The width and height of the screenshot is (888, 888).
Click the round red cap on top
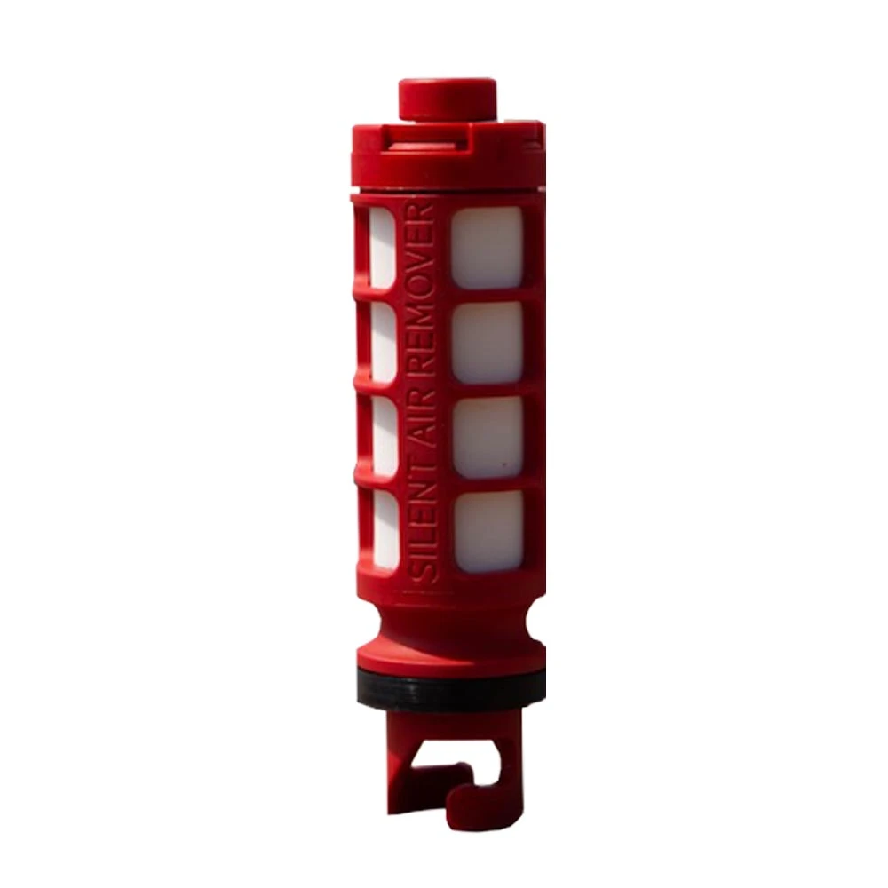[x=448, y=99]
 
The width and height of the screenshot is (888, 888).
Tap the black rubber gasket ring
[x=451, y=687]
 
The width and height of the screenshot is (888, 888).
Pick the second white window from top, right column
[x=487, y=342]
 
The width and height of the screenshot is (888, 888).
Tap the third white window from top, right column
[x=488, y=437]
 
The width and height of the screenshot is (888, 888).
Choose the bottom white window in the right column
[x=488, y=531]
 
